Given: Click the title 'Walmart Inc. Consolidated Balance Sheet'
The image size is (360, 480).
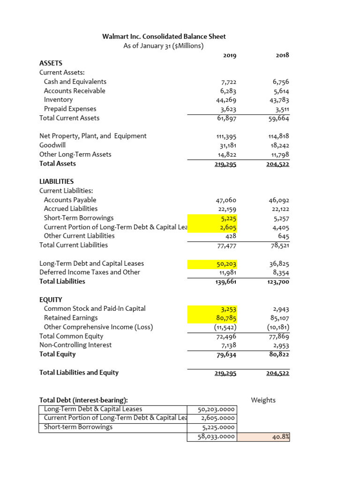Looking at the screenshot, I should pos(164,36).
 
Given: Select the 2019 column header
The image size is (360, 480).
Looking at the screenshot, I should pos(230,55).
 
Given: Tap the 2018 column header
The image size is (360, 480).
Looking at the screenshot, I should pos(283,55).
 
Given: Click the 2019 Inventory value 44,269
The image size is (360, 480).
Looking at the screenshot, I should pos(225,100).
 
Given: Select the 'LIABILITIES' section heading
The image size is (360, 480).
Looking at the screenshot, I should pos(56,181).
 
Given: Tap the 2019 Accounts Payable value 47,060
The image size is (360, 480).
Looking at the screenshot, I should pos(225,200).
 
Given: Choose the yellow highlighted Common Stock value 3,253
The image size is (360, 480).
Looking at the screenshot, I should pos(229,309).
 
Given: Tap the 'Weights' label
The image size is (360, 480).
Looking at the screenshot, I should pos(263,400).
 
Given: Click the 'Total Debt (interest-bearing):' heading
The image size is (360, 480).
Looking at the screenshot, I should pos(83,400).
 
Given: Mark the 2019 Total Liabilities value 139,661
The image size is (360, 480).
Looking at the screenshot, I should pos(224,282).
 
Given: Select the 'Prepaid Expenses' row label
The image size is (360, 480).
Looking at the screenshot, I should pos(70,109).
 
